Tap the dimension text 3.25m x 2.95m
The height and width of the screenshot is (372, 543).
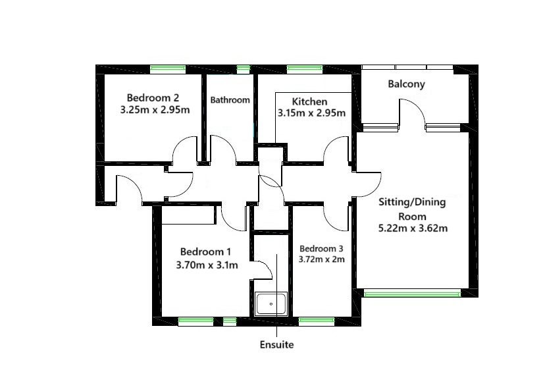155,110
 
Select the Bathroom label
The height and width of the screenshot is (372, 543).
230,100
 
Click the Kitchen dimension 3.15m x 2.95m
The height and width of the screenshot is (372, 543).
311,113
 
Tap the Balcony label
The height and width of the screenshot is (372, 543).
406,84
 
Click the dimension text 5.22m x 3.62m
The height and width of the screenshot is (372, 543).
412,228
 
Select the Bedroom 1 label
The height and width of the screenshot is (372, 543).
205,252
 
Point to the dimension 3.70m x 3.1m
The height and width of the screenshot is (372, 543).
207,265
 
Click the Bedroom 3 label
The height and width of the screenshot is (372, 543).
321,249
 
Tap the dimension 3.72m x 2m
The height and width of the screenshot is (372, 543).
321,259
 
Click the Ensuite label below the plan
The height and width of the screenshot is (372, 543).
277,344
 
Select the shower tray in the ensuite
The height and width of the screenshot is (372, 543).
271,305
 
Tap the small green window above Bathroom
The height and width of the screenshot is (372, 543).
244,68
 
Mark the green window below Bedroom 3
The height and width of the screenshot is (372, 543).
317,321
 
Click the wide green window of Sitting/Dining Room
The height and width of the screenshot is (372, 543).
412,294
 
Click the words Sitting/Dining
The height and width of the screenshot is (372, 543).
412,203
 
